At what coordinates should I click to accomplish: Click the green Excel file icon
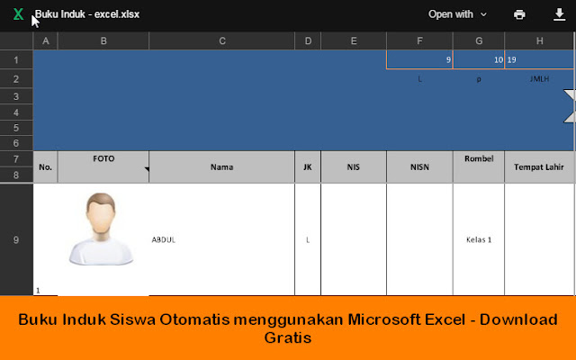18,14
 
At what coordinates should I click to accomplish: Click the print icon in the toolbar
519,14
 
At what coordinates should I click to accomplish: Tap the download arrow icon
559,14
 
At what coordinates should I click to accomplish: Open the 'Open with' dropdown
457,14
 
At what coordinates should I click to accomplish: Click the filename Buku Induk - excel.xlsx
87,14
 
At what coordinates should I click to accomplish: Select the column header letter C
221,41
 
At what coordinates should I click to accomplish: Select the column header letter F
419,41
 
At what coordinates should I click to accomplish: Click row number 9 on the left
16,239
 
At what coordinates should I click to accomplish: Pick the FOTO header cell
103,159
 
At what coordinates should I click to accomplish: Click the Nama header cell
221,166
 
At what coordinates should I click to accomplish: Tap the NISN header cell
419,166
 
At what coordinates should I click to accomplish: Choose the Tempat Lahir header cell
538,166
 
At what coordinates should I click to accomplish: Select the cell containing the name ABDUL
221,239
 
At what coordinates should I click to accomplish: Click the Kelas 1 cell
479,239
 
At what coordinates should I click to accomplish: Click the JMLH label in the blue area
539,78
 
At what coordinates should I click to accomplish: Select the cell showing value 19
538,59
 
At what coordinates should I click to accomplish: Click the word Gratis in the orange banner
287,339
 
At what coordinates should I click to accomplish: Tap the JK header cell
308,166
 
